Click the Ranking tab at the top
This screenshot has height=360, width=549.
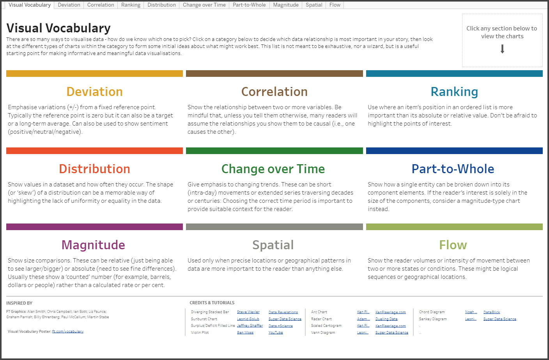pyautogui.click(x=131, y=5)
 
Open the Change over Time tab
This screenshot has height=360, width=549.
pyautogui.click(x=204, y=5)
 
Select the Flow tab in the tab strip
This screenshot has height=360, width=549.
pyautogui.click(x=335, y=5)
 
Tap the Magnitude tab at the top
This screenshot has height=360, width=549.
pyautogui.click(x=286, y=5)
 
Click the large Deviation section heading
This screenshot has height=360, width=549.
pyautogui.click(x=95, y=92)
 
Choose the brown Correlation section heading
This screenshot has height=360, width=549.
pyautogui.click(x=274, y=92)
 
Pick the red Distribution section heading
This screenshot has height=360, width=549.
pyautogui.click(x=95, y=169)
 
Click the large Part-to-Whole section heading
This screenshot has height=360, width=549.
pyautogui.click(x=453, y=169)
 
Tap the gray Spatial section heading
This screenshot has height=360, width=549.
pyautogui.click(x=273, y=245)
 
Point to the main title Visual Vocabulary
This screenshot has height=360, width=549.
pyautogui.click(x=58, y=28)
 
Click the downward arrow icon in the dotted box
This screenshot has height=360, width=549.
pyautogui.click(x=502, y=49)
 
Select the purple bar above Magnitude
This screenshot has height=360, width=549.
pyautogui.click(x=95, y=227)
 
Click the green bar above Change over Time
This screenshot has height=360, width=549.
pyautogui.click(x=274, y=151)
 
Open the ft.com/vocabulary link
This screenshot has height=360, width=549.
pyautogui.click(x=68, y=331)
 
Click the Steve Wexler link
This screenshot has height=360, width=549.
pyautogui.click(x=248, y=312)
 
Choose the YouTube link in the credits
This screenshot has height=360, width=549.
pyautogui.click(x=276, y=333)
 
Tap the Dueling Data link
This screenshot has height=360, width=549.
pyautogui.click(x=386, y=319)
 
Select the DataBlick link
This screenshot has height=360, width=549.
pyautogui.click(x=492, y=312)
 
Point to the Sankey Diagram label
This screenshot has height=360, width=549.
pyautogui.click(x=433, y=319)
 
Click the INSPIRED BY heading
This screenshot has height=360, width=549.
pyautogui.click(x=19, y=303)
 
